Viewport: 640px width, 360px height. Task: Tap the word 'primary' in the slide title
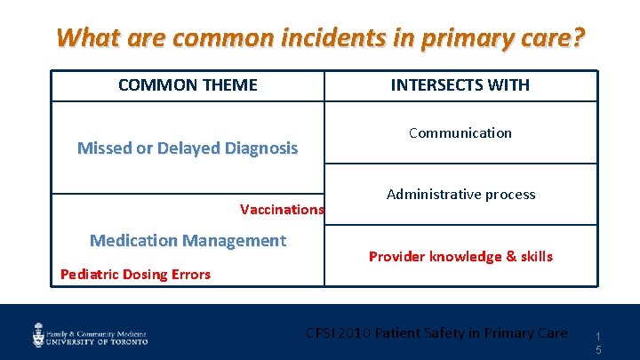coord(460,38)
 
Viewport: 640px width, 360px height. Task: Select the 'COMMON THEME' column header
coord(188,85)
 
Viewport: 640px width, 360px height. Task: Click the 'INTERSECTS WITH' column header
coord(460,85)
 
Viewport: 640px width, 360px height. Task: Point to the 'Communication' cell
coord(460,132)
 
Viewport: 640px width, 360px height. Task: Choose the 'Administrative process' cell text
coord(460,194)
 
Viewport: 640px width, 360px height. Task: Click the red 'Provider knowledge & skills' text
coord(460,256)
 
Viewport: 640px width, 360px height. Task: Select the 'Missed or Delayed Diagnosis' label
coord(188,148)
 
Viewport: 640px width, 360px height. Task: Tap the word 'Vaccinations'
coord(282,210)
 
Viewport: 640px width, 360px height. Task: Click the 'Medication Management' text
coord(188,240)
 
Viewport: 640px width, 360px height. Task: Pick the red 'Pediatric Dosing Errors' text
coord(135,274)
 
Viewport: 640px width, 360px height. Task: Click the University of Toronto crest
coord(39,334)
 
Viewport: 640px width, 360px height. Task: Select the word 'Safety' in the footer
coord(459,333)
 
